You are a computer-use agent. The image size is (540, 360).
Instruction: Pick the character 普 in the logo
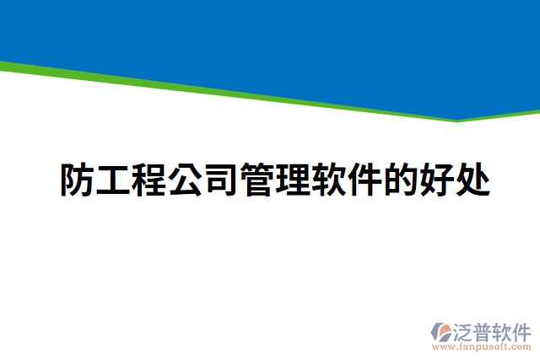pos(485,330)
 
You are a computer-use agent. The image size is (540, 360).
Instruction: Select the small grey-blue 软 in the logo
pos(505,330)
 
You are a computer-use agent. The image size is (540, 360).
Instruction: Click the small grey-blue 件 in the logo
pos(523,330)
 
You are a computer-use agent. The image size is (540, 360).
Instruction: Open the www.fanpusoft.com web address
pos(482,347)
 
